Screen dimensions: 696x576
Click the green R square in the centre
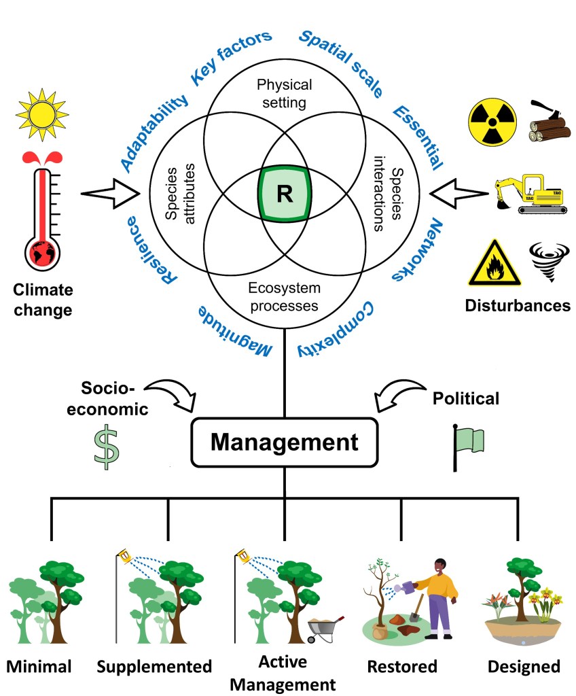click(x=284, y=194)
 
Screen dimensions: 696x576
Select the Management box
click(x=284, y=442)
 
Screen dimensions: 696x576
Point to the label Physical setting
click(x=284, y=94)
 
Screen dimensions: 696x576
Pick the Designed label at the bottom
click(x=524, y=666)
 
